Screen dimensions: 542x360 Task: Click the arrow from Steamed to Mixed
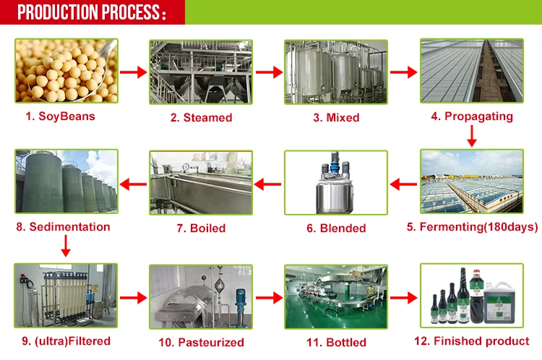point(268,72)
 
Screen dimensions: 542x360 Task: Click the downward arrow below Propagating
point(471,135)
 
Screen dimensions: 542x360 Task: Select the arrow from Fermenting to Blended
point(403,185)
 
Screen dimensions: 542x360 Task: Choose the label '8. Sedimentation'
point(63,227)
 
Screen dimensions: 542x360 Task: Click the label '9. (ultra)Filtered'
point(63,340)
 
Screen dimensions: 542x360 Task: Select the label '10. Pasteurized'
point(201,342)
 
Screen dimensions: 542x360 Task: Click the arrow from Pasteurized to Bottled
point(267,296)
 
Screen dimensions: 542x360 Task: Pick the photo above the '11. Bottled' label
point(335,296)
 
